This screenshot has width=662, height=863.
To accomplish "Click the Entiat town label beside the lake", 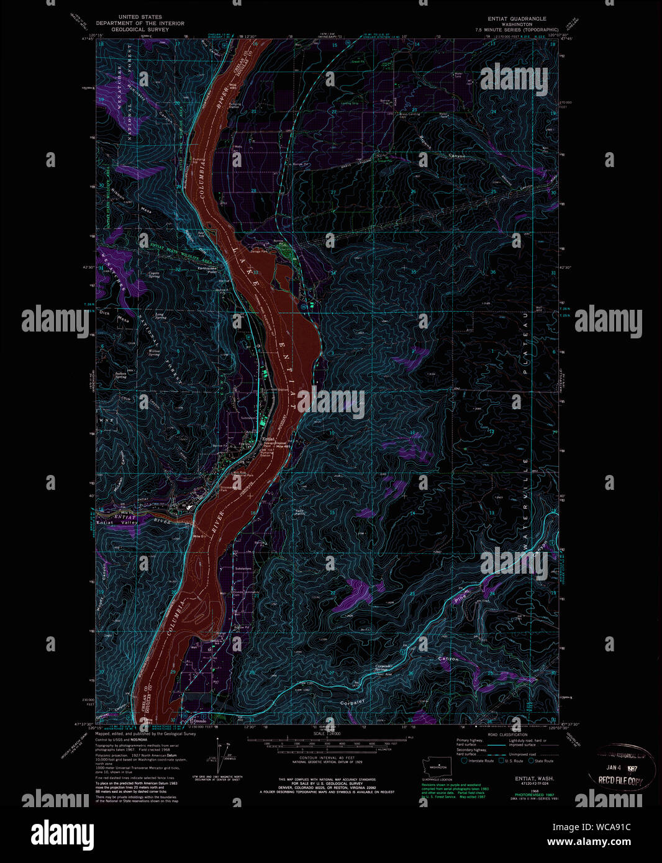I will (x=268, y=438).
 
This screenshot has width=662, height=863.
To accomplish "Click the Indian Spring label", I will (x=120, y=374).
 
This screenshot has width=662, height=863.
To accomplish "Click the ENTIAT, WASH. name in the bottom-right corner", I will (x=534, y=779).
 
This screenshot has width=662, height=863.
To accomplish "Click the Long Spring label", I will (x=160, y=317).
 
